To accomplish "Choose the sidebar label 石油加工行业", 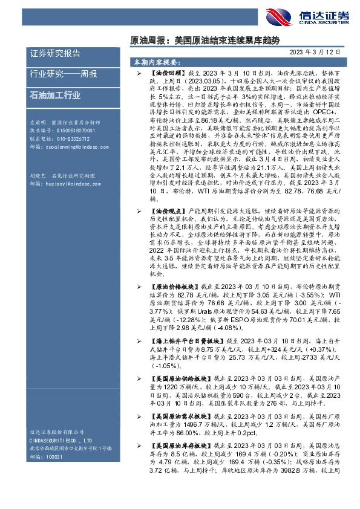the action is point(55,95).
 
